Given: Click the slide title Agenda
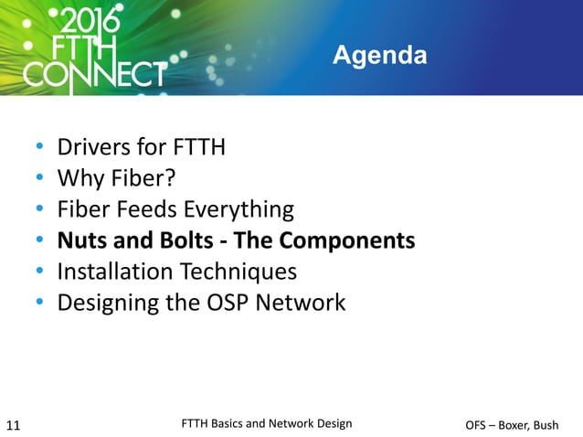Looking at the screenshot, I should (379, 57).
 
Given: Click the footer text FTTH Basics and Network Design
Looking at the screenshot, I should (267, 423).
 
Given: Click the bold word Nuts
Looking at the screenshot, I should (79, 241).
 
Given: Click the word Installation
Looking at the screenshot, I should (111, 272).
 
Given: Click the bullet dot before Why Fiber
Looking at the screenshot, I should (40, 180).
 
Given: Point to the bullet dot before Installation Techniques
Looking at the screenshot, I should (40, 272).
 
